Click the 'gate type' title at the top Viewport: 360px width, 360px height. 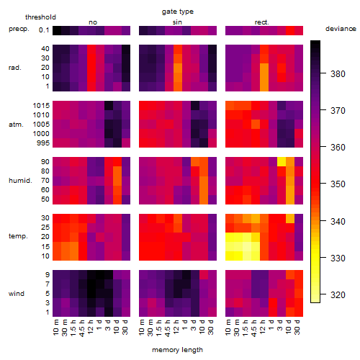point(178,12)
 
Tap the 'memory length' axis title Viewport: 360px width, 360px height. point(177,350)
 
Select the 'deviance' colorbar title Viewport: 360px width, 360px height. point(341,29)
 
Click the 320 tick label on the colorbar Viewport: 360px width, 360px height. point(338,294)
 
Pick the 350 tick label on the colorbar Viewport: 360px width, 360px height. point(338,184)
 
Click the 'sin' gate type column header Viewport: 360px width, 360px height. point(177,22)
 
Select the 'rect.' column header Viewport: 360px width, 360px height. point(262,22)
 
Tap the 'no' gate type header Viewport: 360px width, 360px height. point(93,22)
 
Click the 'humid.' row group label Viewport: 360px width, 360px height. point(20,181)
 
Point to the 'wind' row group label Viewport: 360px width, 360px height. point(17,294)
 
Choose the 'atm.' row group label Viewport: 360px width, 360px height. point(16,125)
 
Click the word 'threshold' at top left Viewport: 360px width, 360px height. point(40,17)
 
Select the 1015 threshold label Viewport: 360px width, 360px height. point(41,105)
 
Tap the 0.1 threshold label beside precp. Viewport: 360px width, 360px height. point(44,30)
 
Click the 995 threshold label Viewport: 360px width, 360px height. point(43,143)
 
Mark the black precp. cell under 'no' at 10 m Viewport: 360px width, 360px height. point(57,30)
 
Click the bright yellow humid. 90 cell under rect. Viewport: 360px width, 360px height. point(282,161)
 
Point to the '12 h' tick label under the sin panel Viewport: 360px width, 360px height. point(176,327)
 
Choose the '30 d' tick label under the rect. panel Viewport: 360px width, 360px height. point(297,328)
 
